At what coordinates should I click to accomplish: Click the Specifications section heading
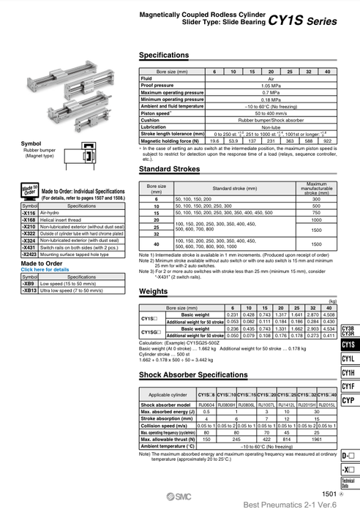(x=163, y=56)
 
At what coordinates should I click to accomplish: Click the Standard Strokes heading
(x=169, y=170)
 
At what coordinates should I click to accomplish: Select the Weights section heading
(x=154, y=291)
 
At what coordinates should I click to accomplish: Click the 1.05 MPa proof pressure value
(x=270, y=86)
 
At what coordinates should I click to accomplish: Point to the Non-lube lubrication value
(x=270, y=127)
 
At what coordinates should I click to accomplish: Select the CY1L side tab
(x=348, y=359)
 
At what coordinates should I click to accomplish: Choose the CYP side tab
(x=348, y=401)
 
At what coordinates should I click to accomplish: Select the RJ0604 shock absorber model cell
(x=206, y=404)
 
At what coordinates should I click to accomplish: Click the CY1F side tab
(x=348, y=387)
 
